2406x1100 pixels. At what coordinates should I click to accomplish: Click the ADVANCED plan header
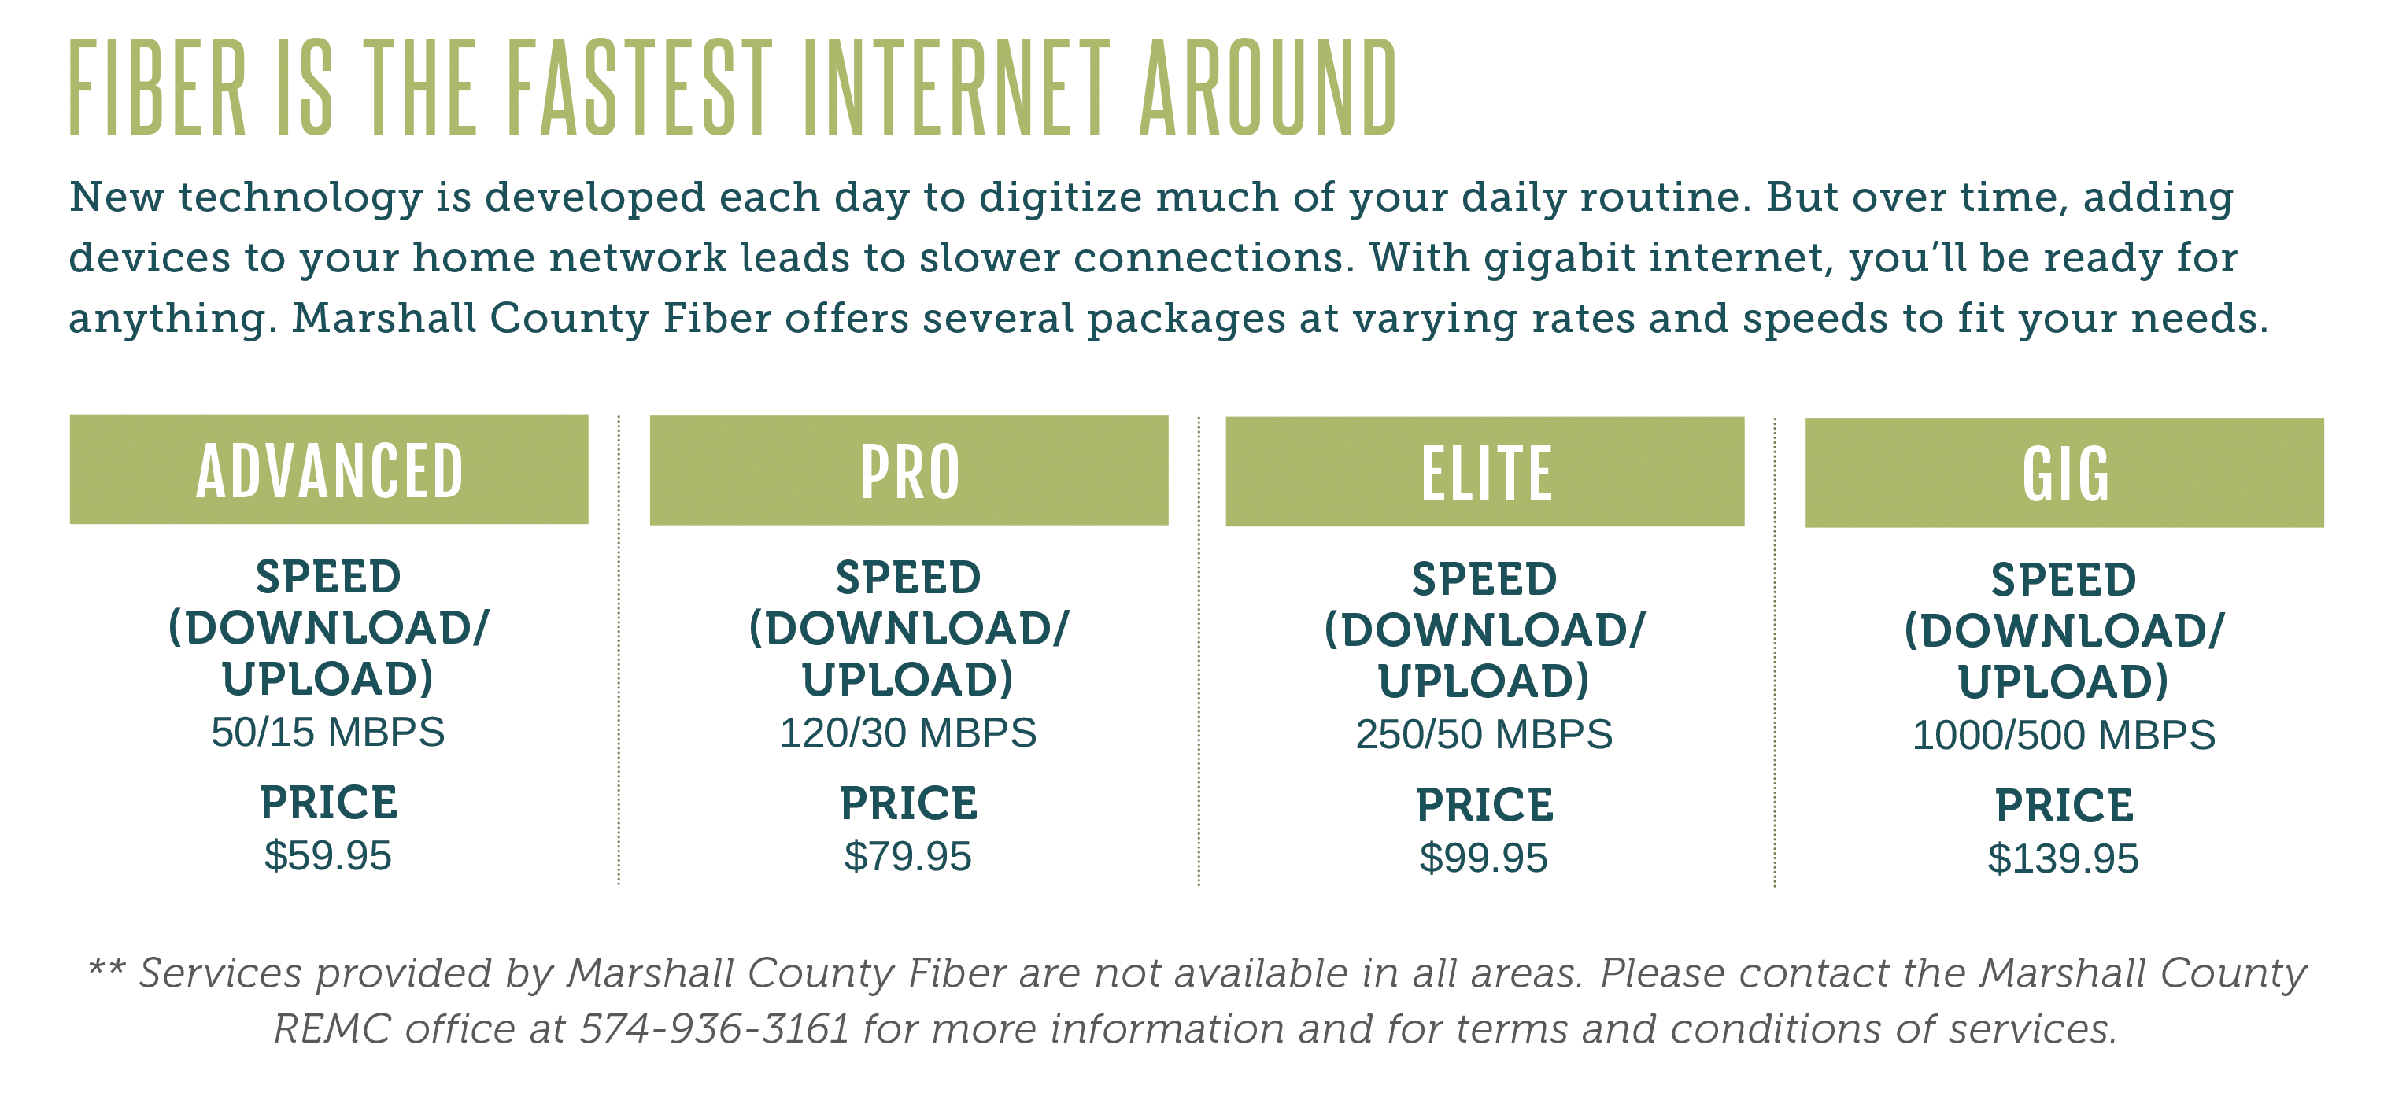pos(329,470)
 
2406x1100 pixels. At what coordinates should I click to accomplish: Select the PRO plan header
pos(909,471)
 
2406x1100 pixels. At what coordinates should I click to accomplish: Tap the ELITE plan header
pos(1485,471)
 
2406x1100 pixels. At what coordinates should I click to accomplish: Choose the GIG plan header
pos(2064,472)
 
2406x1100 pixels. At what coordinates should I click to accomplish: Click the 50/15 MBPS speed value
pos(328,732)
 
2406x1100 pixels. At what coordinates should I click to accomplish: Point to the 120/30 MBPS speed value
pos(907,733)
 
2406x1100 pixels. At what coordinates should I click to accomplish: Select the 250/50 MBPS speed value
pos(1484,735)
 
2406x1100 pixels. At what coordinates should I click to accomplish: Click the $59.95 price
pos(328,856)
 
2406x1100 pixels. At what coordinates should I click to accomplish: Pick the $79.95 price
pos(907,857)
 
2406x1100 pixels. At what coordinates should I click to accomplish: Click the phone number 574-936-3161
pos(715,1029)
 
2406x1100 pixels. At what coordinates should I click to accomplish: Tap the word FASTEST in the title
pos(641,89)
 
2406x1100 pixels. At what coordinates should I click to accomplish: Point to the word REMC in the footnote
pos(332,1029)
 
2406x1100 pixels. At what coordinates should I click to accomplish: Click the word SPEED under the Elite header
pos(1485,580)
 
